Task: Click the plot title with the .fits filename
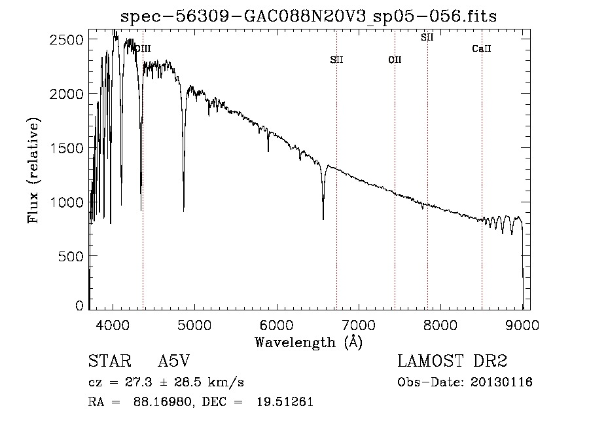pos(310,16)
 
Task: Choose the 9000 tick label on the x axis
pos(522,324)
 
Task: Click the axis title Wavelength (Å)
pos(308,342)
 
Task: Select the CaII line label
pos(482,49)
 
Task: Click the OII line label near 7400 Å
pos(395,60)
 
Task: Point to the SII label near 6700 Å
pos(336,60)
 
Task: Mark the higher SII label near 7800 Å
pos(427,37)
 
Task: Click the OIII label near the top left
pos(142,48)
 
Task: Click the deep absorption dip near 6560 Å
pos(323,218)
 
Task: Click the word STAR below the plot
pos(108,361)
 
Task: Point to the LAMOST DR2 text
pos(452,361)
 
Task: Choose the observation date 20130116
pos(501,382)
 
